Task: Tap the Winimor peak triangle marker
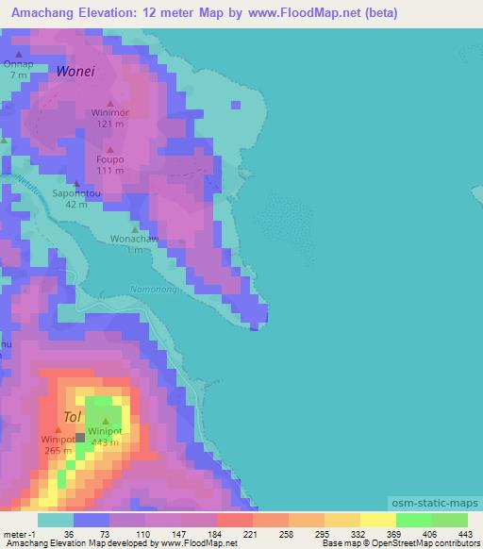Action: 109,104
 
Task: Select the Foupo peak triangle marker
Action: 109,149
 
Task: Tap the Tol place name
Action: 72,416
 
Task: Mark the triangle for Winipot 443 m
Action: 105,421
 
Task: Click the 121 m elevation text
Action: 109,124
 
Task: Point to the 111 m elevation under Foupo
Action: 109,171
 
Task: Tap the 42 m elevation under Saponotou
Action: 76,204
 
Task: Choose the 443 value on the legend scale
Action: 462,533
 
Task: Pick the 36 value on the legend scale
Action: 68,533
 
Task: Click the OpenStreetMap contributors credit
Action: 428,543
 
